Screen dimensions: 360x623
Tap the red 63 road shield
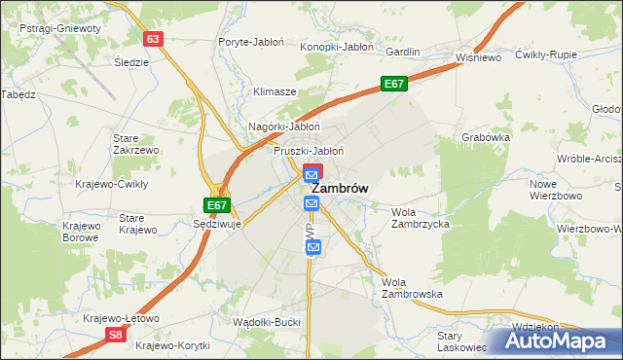(x=152, y=39)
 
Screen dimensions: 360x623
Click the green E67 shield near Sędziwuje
(x=217, y=205)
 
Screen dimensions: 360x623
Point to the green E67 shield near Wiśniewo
(x=393, y=85)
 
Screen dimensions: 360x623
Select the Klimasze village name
(x=275, y=91)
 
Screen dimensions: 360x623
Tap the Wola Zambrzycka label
(x=420, y=218)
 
